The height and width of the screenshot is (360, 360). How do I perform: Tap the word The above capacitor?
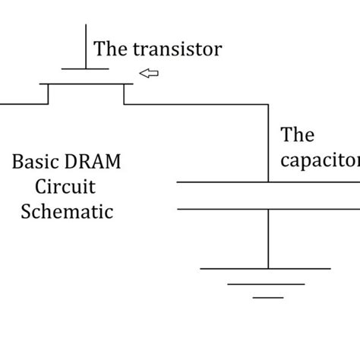(x=297, y=136)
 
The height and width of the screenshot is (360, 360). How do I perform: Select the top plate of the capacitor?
(x=228, y=182)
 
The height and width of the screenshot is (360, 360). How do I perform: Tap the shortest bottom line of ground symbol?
(x=267, y=298)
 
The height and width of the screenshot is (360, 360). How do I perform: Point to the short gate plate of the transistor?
(x=84, y=68)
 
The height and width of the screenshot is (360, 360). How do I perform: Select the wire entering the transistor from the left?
(x=23, y=103)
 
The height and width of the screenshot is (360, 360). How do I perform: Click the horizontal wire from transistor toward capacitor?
(x=197, y=103)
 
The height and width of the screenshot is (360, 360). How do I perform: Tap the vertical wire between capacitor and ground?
(x=268, y=238)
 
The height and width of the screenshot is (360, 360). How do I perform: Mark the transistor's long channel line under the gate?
(x=85, y=84)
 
